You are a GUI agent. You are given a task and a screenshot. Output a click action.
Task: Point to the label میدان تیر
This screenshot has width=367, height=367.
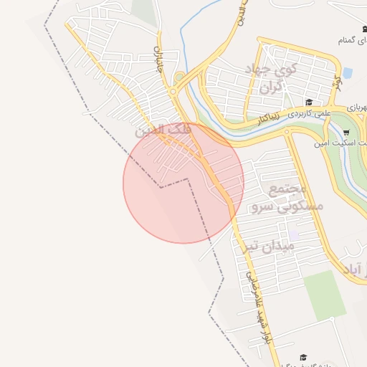coord(268,246)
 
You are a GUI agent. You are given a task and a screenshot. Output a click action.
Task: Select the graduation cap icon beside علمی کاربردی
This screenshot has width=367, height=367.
coord(309,102)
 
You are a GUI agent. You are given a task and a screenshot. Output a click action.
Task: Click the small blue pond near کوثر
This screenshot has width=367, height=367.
coord(348,73)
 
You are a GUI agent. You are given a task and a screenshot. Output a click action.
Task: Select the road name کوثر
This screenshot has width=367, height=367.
coord(333,84)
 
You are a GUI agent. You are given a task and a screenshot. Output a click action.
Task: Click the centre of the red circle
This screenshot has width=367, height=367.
coord(183,183)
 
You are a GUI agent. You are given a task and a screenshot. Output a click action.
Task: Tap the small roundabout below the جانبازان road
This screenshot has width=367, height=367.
coord(173,91)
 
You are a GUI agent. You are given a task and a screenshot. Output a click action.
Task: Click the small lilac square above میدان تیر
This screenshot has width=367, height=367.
coord(293,234)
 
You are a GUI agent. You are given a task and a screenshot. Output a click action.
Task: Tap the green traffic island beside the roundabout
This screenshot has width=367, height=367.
coord(179,77)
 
